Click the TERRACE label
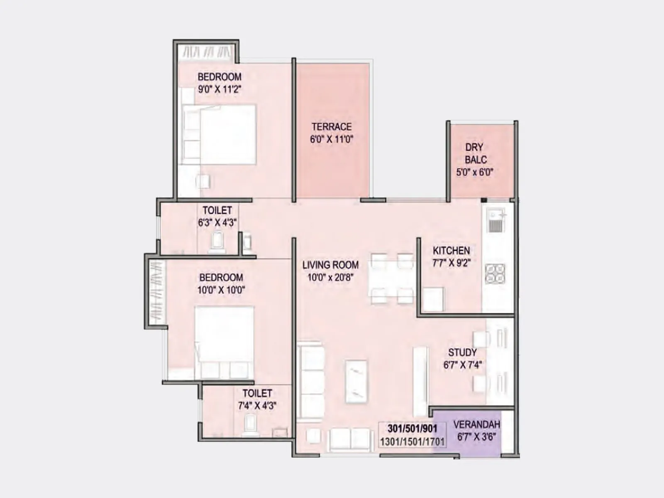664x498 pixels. pyautogui.click(x=331, y=127)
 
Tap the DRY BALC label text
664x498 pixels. pyautogui.click(x=475, y=153)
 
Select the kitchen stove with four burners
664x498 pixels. pyautogui.click(x=495, y=273)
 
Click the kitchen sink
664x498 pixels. pyautogui.click(x=496, y=220)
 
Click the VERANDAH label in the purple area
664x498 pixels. pyautogui.click(x=476, y=425)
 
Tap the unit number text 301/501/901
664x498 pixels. pyautogui.click(x=412, y=429)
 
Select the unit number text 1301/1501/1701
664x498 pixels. pyautogui.click(x=412, y=442)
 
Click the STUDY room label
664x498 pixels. pyautogui.click(x=462, y=352)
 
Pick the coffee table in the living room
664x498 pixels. pyautogui.click(x=356, y=381)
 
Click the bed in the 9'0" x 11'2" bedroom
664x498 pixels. pyautogui.click(x=224, y=134)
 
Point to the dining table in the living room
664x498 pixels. pyautogui.click(x=392, y=278)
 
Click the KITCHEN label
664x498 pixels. pyautogui.click(x=451, y=250)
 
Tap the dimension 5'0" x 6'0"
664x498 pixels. pyautogui.click(x=474, y=172)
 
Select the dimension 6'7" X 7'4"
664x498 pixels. pyautogui.click(x=462, y=365)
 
